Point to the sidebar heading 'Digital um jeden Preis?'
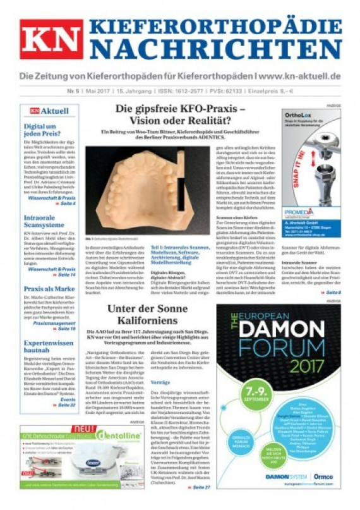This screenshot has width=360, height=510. click(44, 130)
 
